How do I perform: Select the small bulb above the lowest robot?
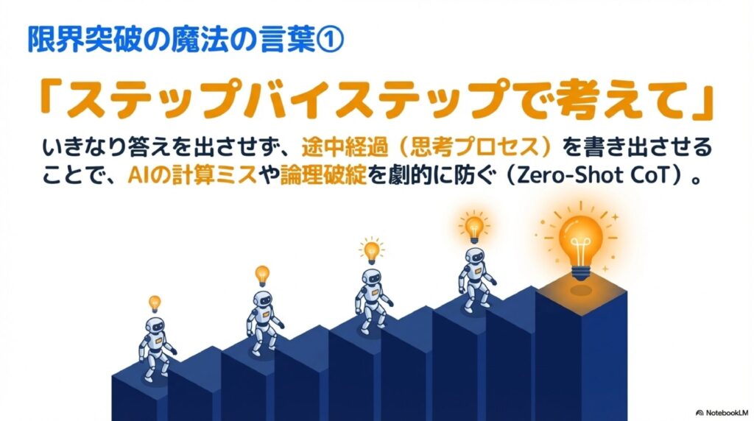(155, 303)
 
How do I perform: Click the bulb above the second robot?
(262, 275)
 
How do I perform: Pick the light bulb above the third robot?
(372, 250)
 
